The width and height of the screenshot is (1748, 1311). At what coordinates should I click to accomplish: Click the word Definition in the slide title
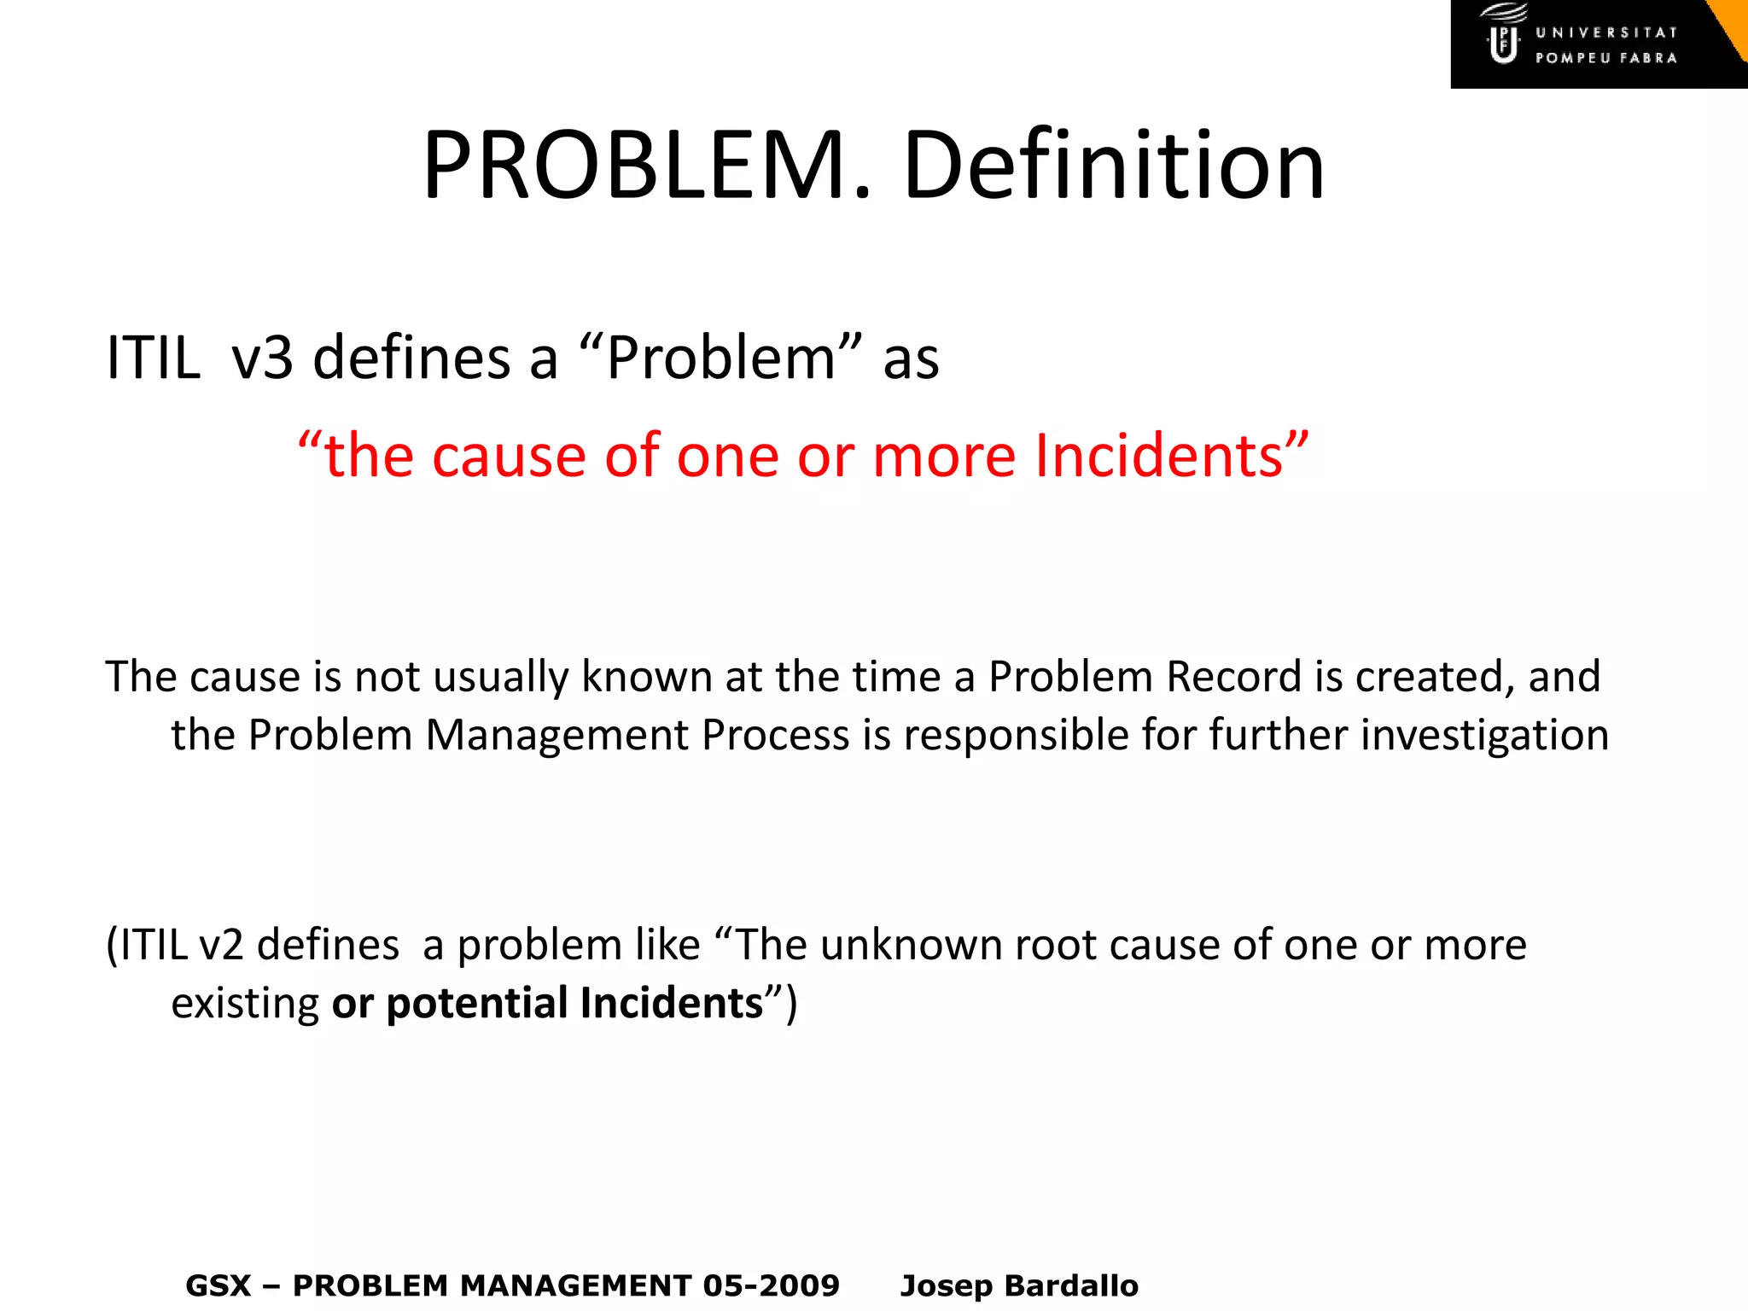1113,165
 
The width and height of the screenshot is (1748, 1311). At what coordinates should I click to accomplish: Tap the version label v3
263,357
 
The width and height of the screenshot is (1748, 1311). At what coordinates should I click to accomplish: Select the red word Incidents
1159,455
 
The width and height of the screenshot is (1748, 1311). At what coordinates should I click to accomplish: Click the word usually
501,678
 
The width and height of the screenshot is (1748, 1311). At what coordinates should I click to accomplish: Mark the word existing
245,1003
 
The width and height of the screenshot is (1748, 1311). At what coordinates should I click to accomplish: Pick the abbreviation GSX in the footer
218,1285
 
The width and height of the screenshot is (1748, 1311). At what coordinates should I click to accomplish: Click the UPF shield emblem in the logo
1504,44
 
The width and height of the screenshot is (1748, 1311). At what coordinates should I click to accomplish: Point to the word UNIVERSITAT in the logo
1606,32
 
